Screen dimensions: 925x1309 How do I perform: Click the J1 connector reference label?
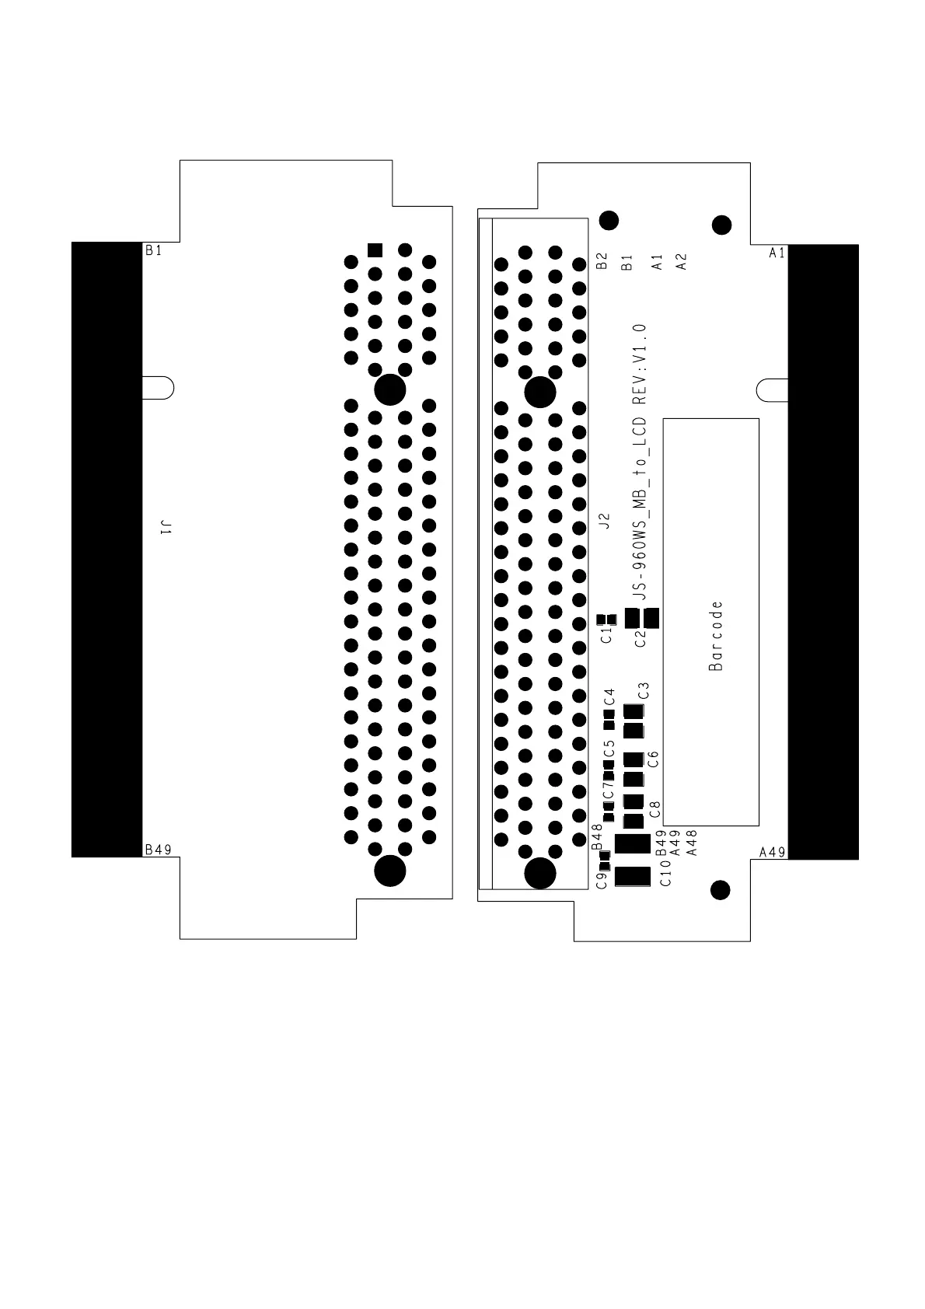pyautogui.click(x=165, y=529)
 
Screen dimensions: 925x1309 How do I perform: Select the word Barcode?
pyautogui.click(x=716, y=635)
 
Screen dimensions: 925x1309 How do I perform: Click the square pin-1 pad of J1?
pyautogui.click(x=375, y=250)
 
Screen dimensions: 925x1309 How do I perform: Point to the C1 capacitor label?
pyautogui.click(x=606, y=635)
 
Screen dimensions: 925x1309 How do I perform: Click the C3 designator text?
pyautogui.click(x=643, y=690)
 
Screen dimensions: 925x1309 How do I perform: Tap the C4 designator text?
pyautogui.click(x=609, y=696)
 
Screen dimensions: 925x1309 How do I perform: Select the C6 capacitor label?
pyautogui.click(x=653, y=759)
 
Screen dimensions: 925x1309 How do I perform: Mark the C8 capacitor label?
pyautogui.click(x=654, y=808)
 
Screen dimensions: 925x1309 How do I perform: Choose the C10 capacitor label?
pyautogui.click(x=665, y=878)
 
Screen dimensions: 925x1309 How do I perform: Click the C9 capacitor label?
pyautogui.click(x=600, y=881)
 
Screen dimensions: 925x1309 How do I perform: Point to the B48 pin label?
pyautogui.click(x=597, y=836)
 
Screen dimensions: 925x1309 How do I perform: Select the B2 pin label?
pyautogui.click(x=601, y=261)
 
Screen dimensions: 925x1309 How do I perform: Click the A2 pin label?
pyautogui.click(x=681, y=261)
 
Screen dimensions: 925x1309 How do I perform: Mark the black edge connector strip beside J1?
pyautogui.click(x=106, y=549)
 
